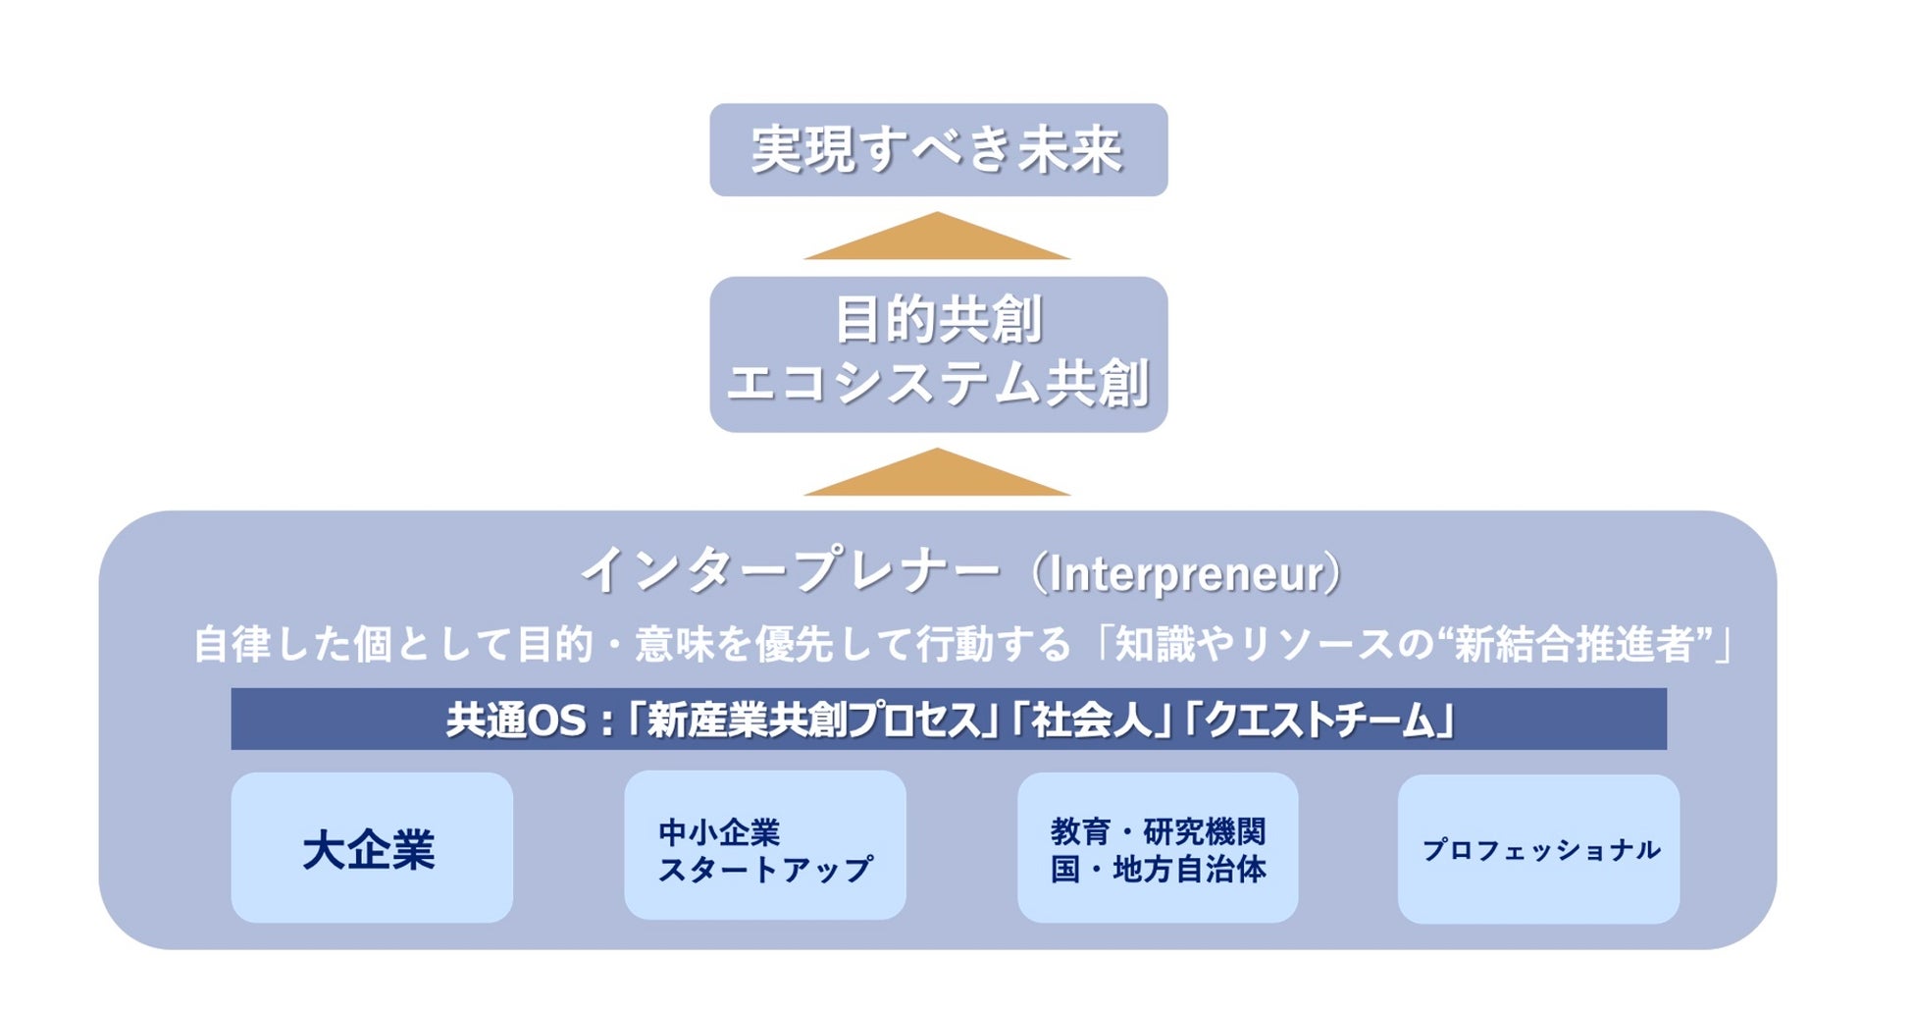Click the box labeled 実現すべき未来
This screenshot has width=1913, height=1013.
tap(938, 150)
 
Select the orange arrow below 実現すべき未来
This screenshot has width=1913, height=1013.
tap(937, 239)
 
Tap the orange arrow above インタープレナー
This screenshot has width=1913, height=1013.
tap(937, 475)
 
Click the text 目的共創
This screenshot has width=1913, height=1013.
tap(938, 320)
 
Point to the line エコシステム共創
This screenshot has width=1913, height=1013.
tap(938, 383)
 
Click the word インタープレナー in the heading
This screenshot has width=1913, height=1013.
tap(791, 571)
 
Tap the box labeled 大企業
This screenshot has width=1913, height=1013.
tap(371, 848)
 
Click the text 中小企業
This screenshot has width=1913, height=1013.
tap(719, 831)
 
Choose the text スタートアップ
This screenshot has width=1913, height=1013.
tap(765, 870)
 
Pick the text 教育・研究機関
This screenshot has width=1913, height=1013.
tap(1158, 831)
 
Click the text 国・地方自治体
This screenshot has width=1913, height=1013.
tap(1158, 870)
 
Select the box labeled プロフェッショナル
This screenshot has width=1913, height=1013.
tap(1538, 849)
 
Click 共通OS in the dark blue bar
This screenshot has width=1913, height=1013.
tap(516, 720)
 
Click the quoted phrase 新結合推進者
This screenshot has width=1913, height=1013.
tap(1575, 645)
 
